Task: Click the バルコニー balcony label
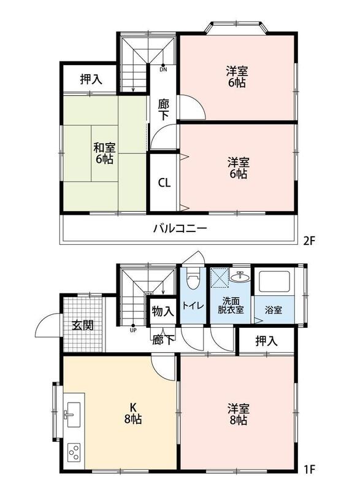click(180, 228)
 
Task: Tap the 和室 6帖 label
click(104, 153)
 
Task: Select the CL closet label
click(164, 182)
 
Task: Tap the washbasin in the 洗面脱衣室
click(240, 276)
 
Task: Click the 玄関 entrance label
click(83, 326)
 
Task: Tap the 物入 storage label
click(163, 312)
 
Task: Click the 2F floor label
click(309, 241)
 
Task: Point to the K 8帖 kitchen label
click(133, 413)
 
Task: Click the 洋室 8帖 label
click(239, 415)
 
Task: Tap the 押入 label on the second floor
click(91, 79)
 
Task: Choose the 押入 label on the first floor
click(267, 341)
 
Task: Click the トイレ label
click(193, 306)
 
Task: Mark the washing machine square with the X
click(220, 277)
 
